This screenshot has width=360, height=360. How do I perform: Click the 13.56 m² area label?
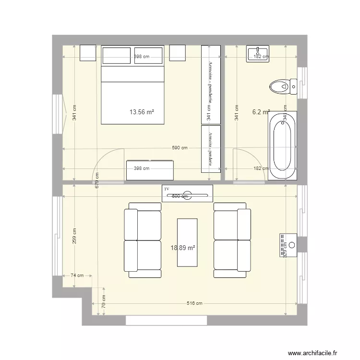(x=142, y=112)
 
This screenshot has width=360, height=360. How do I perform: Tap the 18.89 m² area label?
(x=183, y=248)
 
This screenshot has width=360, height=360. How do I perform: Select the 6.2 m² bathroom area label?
(x=261, y=112)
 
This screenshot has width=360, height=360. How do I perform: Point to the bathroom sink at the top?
(x=258, y=53)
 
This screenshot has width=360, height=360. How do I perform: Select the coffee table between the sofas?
(x=187, y=242)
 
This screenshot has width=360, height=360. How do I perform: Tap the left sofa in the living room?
(x=143, y=240)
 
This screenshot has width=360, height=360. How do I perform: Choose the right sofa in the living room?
(x=232, y=240)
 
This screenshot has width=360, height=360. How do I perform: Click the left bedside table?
(x=88, y=53)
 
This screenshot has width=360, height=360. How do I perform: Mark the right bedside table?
(x=177, y=53)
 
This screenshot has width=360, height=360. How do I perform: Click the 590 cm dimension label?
(x=180, y=148)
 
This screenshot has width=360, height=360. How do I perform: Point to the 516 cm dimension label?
(x=194, y=303)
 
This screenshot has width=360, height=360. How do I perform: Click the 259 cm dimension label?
(x=74, y=236)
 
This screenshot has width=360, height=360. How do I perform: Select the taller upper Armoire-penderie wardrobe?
(x=211, y=84)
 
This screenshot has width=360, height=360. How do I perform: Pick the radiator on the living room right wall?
(x=288, y=242)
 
